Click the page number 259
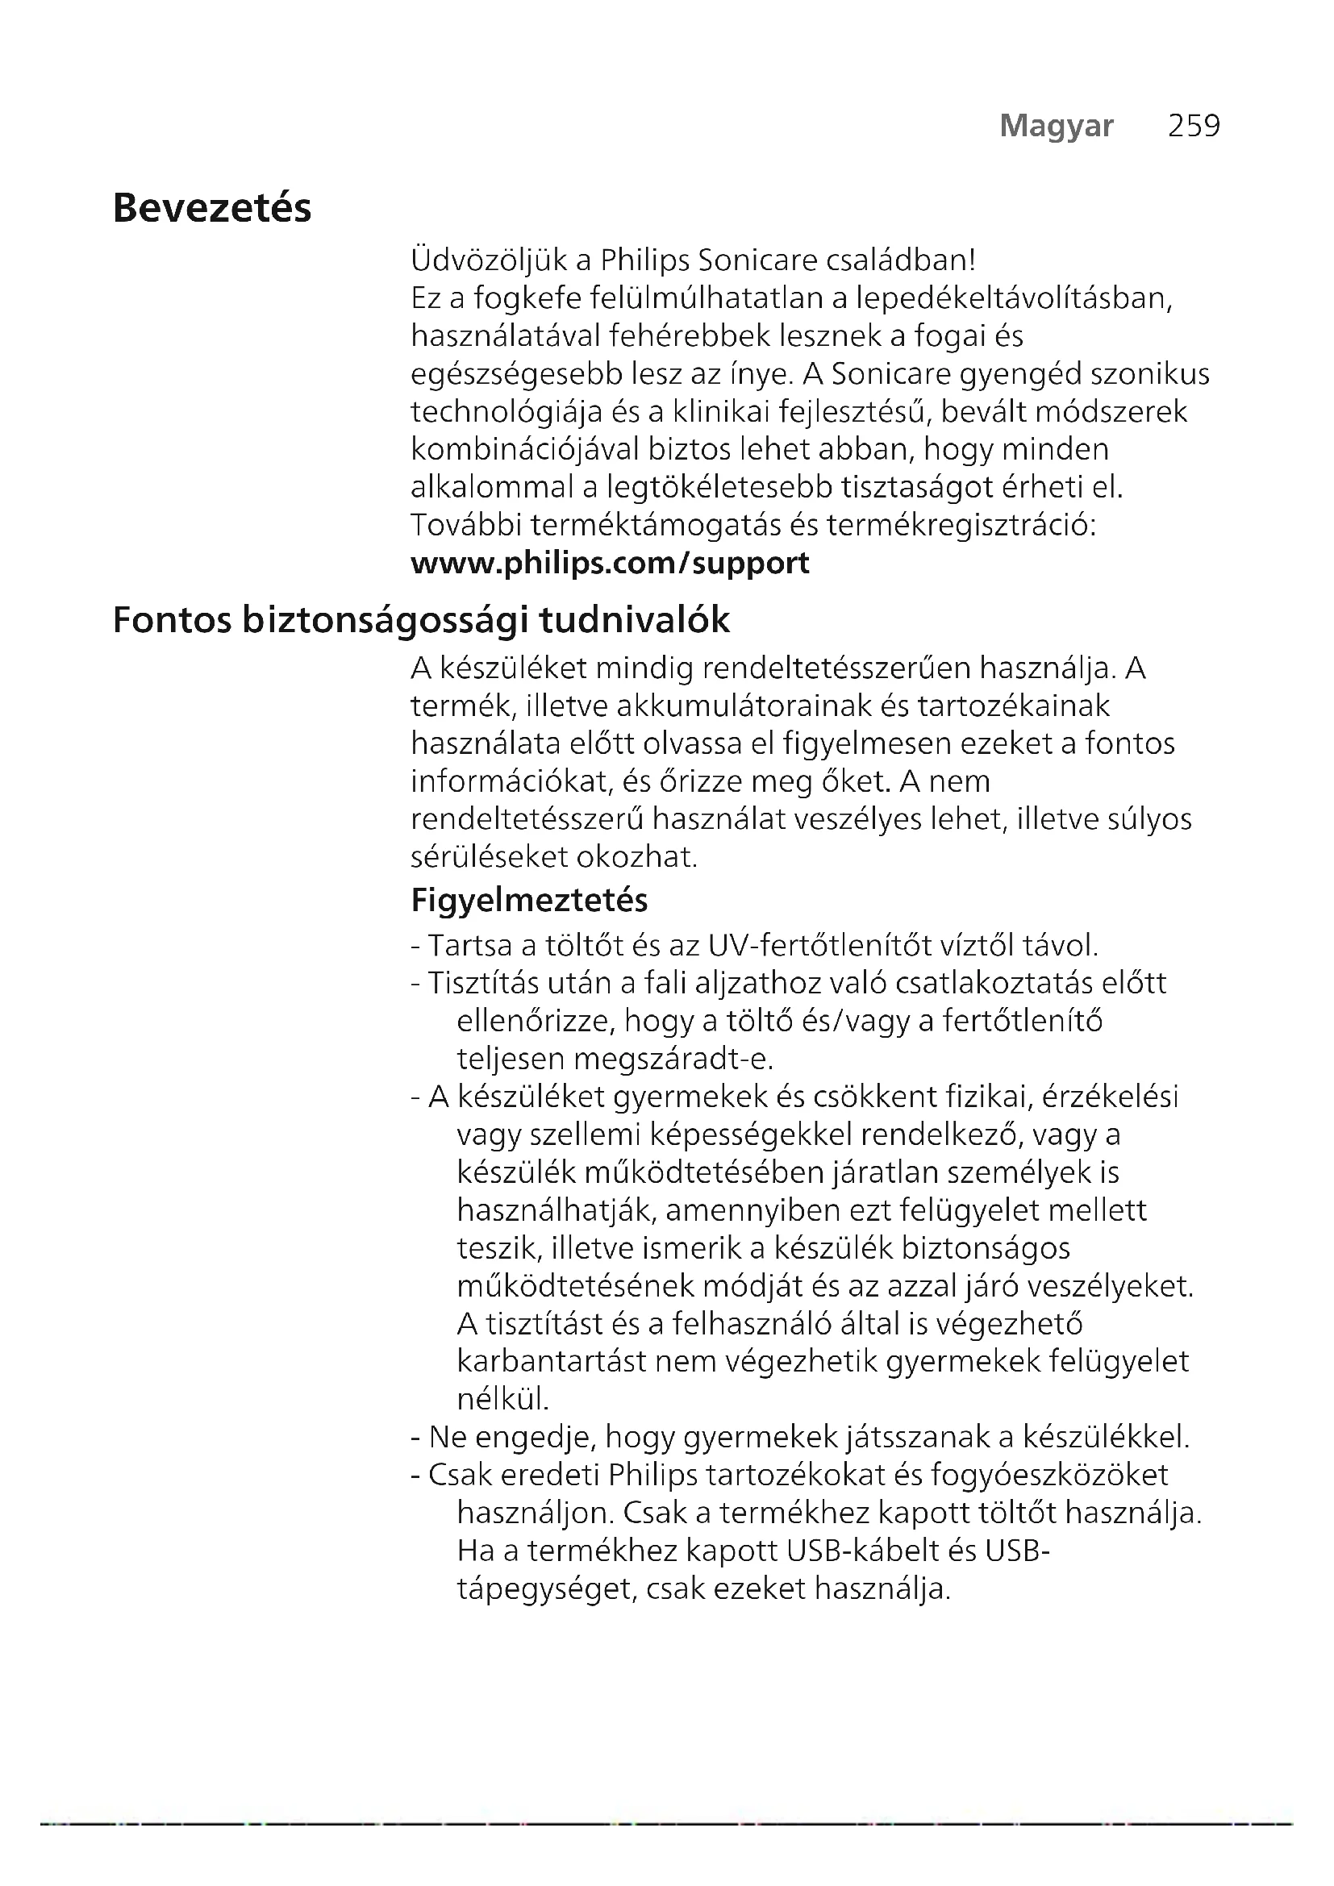pyautogui.click(x=1194, y=126)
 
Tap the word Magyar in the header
pyautogui.click(x=1057, y=126)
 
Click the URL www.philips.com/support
pyautogui.click(x=610, y=563)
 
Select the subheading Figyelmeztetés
pyautogui.click(x=529, y=901)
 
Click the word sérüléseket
pyautogui.click(x=489, y=857)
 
